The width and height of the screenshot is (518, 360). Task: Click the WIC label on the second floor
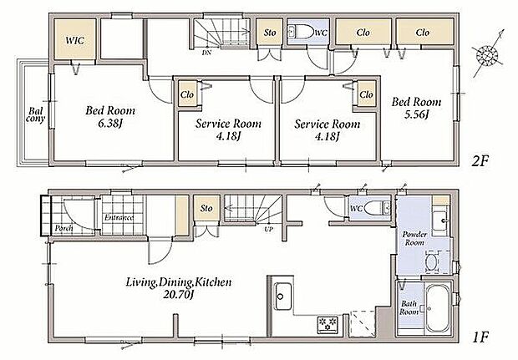point(75,40)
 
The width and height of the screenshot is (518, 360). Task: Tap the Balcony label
point(35,114)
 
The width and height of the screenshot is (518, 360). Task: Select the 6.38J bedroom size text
point(110,124)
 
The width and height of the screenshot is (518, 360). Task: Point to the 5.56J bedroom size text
point(417,114)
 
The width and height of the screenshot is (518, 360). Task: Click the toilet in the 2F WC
point(300,33)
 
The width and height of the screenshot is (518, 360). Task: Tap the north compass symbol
point(488,53)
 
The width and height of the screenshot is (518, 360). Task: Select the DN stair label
point(206,53)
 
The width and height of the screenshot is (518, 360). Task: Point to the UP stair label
point(268,229)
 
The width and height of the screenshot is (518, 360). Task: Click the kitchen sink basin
point(283,297)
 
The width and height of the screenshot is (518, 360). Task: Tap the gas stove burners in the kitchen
point(328,324)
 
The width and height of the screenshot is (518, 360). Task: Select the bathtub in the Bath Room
point(438,308)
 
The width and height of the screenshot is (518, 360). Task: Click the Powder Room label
point(414,238)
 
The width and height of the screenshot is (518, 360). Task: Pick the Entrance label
point(119,217)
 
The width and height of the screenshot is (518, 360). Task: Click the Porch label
point(64,228)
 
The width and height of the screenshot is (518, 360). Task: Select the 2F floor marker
point(480,161)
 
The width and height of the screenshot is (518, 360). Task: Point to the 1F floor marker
point(480,337)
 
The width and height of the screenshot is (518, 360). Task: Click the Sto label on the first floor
point(206,209)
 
